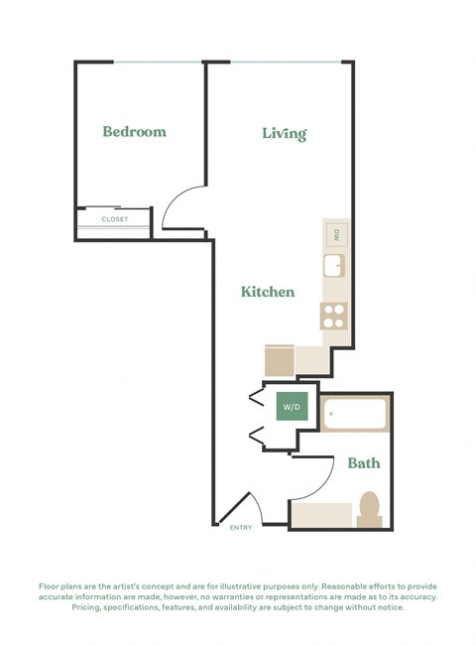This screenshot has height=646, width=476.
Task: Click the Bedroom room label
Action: click(134, 131)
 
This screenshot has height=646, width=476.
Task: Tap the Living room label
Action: click(284, 133)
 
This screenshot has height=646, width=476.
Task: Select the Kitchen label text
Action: click(268, 292)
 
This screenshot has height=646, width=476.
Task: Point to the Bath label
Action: click(363, 462)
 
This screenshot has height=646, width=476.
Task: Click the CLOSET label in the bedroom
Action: click(115, 218)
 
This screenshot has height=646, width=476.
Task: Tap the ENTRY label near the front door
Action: click(241, 527)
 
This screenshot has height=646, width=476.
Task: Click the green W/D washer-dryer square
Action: click(292, 407)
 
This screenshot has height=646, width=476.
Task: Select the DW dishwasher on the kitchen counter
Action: click(336, 235)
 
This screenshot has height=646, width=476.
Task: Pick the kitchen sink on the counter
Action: click(334, 266)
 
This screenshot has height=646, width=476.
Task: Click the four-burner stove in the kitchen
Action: click(334, 316)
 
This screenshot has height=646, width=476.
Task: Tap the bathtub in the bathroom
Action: click(355, 415)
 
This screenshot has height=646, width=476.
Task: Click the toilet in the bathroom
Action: click(370, 508)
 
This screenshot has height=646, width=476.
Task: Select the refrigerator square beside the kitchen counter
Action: click(279, 359)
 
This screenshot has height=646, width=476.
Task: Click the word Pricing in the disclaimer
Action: click(91, 607)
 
